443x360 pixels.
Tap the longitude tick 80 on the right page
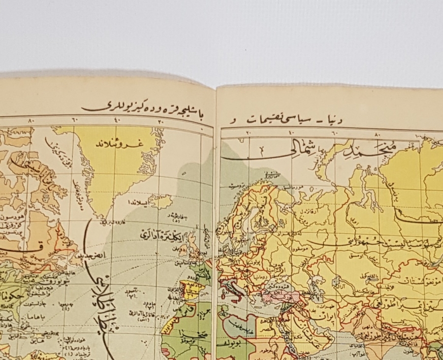pos(378,133)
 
